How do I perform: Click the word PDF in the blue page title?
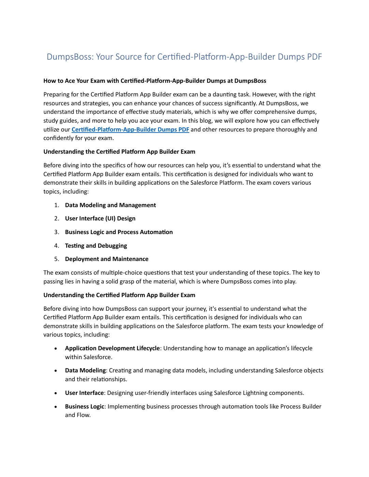[x=314, y=57]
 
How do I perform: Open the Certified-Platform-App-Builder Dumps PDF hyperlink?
[x=130, y=129]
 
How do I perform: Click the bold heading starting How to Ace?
[x=154, y=81]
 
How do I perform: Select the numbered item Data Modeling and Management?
[x=110, y=205]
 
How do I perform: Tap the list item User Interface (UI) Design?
[x=100, y=218]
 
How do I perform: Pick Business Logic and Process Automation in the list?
[x=119, y=232]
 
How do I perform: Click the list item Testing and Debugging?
[x=96, y=246]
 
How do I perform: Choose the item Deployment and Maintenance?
[x=106, y=259]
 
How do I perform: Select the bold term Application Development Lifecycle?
[x=112, y=348]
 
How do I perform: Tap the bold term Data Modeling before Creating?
[x=85, y=370]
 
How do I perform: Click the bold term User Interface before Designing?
[x=84, y=393]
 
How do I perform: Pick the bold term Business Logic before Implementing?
[x=85, y=406]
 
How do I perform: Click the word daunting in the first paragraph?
[x=234, y=94]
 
